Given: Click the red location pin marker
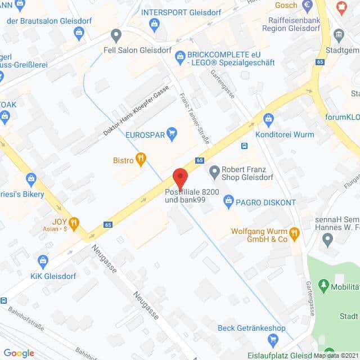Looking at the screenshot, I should tap(180, 177).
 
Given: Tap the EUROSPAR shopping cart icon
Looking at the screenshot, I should tap(172, 133).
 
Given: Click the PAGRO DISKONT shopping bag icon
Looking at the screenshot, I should tap(228, 200).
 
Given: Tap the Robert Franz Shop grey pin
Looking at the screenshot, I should tap(214, 170).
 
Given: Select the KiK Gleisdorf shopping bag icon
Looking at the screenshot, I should tap(43, 260).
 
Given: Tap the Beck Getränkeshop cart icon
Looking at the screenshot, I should tap(273, 339).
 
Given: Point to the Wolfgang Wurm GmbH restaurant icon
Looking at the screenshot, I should tap(294, 232).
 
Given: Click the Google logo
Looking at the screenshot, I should tap(19, 353).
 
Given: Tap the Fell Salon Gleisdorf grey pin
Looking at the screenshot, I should tap(116, 36).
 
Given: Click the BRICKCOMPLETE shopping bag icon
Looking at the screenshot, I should tap(180, 55).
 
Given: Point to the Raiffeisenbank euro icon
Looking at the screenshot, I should tap(307, 6).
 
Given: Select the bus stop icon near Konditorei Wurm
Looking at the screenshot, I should tap(245, 146).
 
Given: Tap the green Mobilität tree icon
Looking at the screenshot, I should tap(323, 286).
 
